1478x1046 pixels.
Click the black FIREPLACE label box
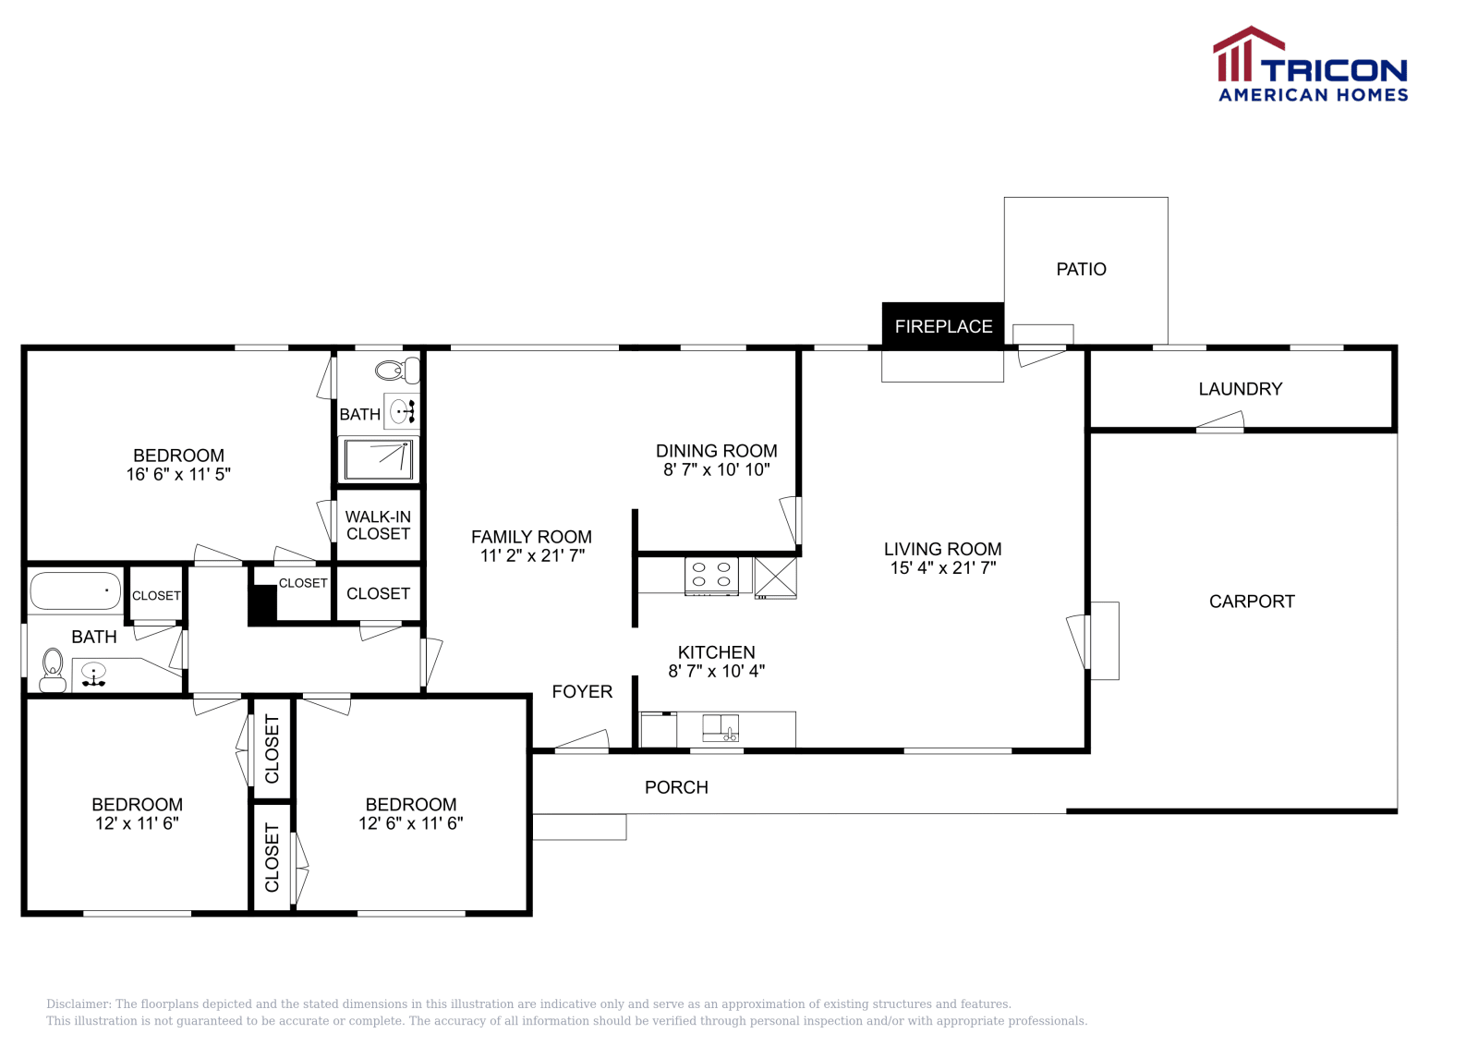click(x=942, y=326)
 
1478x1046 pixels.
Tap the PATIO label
click(x=1081, y=269)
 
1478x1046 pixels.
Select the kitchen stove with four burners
click(x=711, y=575)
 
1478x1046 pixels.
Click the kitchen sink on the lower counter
click(x=720, y=727)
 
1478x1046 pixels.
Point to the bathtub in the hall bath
click(x=74, y=591)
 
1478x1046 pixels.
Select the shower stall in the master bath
click(x=379, y=458)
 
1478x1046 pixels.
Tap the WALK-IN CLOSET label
click(x=378, y=525)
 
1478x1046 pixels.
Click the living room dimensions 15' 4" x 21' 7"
click(x=942, y=568)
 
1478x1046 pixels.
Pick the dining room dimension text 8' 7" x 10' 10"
click(x=716, y=469)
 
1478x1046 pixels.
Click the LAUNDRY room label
click(x=1240, y=389)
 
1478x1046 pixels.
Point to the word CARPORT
click(x=1252, y=602)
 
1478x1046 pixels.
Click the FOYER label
click(x=582, y=691)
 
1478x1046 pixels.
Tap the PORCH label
click(x=676, y=787)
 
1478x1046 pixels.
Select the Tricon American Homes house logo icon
click(x=1247, y=54)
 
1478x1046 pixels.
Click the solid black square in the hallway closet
click(x=262, y=604)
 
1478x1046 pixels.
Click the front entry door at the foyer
click(x=582, y=740)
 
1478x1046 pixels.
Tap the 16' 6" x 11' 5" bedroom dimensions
click(x=178, y=475)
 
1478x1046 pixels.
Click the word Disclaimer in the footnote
click(x=79, y=1003)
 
